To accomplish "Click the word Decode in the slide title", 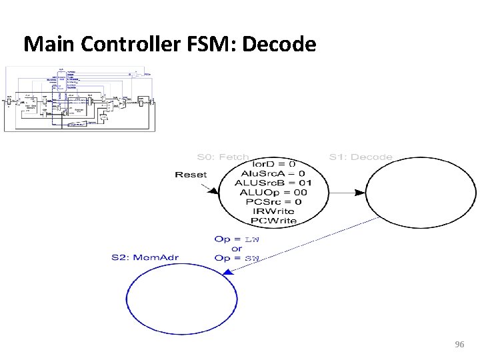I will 279,45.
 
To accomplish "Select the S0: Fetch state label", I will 224,157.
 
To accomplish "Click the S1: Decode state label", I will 361,157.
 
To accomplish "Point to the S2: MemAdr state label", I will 145,257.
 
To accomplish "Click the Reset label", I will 191,175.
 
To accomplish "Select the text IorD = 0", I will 273,164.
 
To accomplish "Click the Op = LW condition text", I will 237,239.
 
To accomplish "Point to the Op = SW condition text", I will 237,258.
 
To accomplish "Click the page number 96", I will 459,345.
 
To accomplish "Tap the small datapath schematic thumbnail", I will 80,99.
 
